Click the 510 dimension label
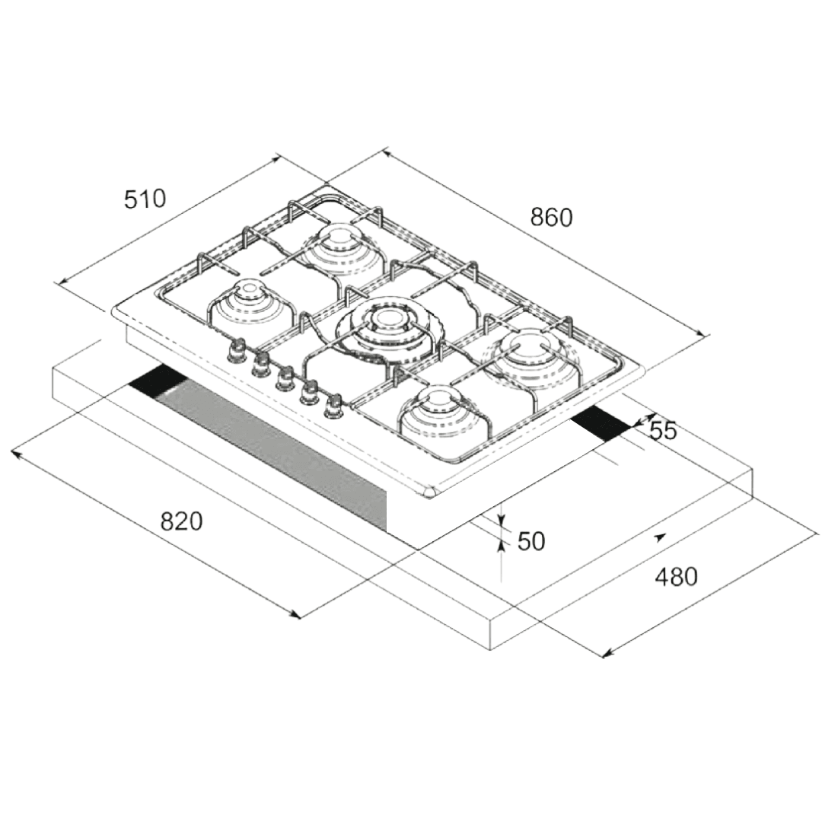(145, 199)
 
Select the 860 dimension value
(551, 218)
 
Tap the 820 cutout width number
(182, 521)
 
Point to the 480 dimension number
(676, 577)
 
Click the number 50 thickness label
(531, 541)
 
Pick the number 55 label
(663, 431)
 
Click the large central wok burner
(387, 325)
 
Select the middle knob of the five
(285, 378)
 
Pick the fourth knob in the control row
(309, 391)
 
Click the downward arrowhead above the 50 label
(502, 523)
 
